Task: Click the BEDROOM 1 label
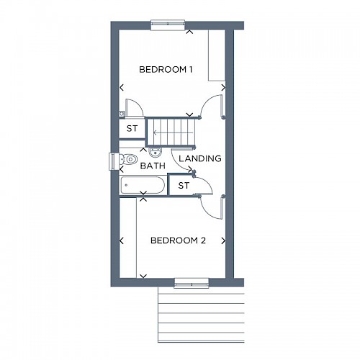[x=166, y=70]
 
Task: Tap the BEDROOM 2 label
[x=178, y=240]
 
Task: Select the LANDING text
[x=200, y=158]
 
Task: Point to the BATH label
[x=153, y=166]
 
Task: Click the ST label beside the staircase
[x=132, y=129]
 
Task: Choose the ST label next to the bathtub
[x=184, y=185]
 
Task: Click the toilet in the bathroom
[x=128, y=159]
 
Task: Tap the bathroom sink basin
[x=156, y=152]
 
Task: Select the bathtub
[x=143, y=185]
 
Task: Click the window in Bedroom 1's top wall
[x=168, y=24]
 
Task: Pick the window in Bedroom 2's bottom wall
[x=192, y=283]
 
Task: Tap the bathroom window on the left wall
[x=113, y=161]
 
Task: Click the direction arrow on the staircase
[x=174, y=132]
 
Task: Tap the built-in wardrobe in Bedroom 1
[x=217, y=55]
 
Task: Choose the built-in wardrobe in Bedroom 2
[x=128, y=238]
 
